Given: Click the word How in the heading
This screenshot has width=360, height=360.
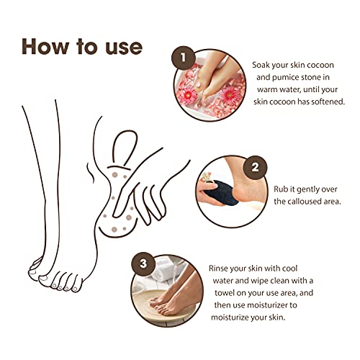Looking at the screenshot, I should point(45,45).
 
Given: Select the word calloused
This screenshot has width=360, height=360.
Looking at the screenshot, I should point(303,201).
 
